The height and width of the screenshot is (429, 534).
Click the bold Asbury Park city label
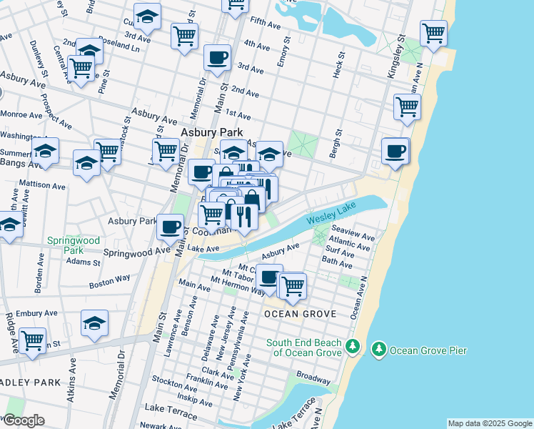(211, 132)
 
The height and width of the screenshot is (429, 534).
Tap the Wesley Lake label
(329, 217)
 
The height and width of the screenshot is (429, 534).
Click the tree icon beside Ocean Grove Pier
(378, 350)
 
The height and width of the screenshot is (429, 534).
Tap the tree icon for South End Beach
(352, 346)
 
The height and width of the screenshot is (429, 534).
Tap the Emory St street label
(282, 72)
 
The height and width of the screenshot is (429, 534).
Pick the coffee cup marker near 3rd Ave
(217, 57)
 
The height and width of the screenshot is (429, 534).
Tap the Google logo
(23, 420)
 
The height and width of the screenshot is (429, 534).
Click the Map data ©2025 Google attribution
(489, 423)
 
